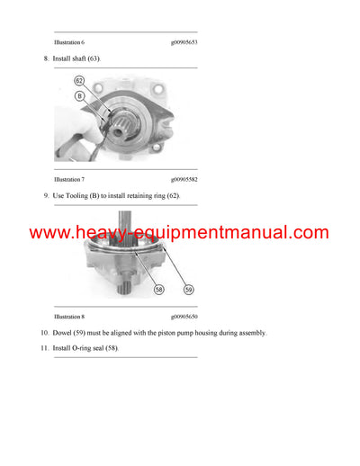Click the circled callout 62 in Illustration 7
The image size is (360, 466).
click(x=78, y=81)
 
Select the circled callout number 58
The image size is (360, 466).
click(x=158, y=291)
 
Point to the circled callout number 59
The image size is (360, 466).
click(x=189, y=290)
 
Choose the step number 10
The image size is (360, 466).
click(x=44, y=333)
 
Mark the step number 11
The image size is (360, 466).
click(x=44, y=348)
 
